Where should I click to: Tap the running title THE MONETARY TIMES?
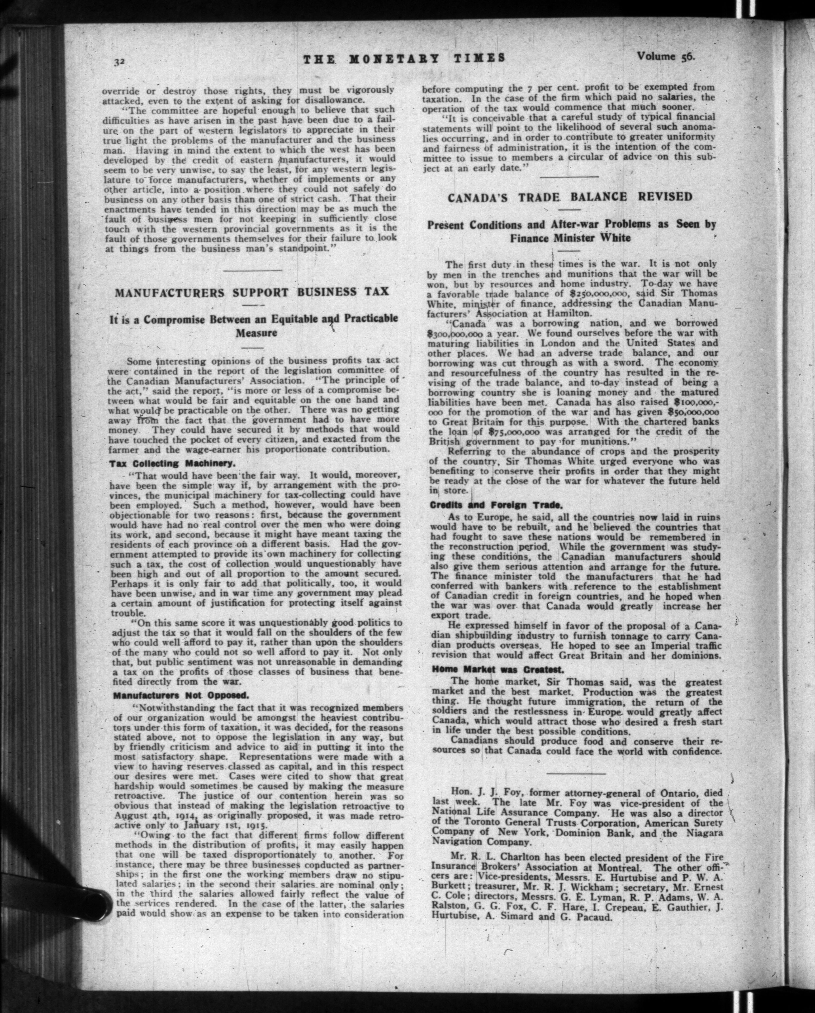click(x=404, y=58)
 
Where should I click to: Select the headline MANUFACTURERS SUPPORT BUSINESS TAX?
click(x=252, y=292)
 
